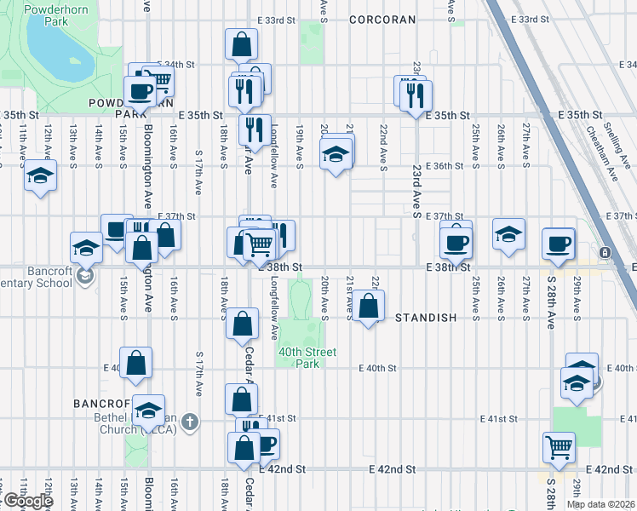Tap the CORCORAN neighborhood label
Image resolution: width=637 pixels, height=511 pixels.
click(x=382, y=19)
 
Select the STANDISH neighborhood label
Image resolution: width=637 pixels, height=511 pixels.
click(x=426, y=318)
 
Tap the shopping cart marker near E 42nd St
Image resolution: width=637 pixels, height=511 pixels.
click(x=559, y=445)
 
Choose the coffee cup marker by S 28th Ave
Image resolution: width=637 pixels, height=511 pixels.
click(x=559, y=244)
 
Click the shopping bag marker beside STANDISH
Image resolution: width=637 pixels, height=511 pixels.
click(x=368, y=306)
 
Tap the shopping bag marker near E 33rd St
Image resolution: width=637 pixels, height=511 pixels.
click(x=242, y=44)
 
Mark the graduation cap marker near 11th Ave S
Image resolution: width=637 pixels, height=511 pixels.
click(x=38, y=176)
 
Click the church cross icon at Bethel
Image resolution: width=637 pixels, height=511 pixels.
click(x=190, y=420)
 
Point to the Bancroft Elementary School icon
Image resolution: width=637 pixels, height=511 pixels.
click(x=84, y=275)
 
